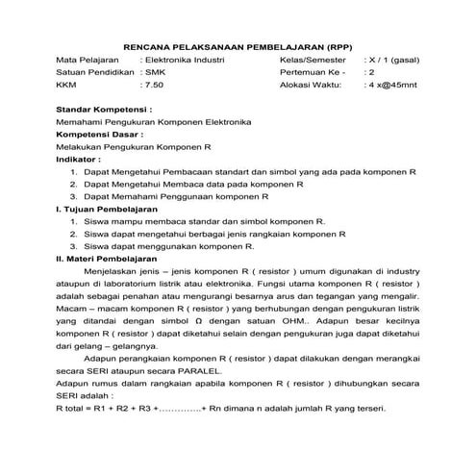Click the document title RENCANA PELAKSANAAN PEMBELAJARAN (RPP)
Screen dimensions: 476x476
click(x=237, y=46)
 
